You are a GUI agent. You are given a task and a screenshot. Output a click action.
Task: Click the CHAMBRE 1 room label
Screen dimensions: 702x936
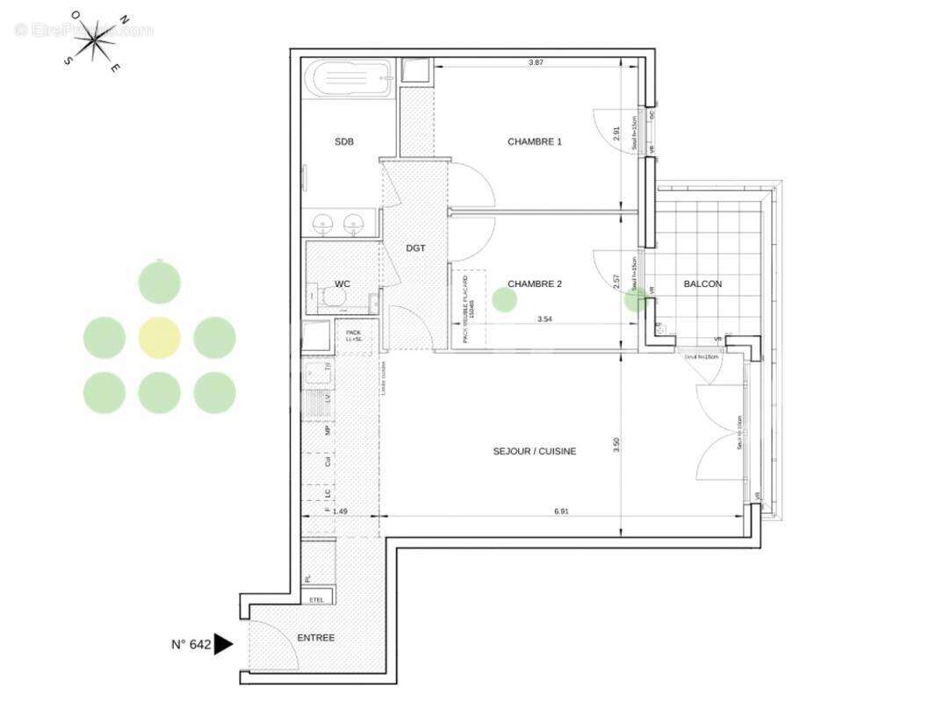[534, 141]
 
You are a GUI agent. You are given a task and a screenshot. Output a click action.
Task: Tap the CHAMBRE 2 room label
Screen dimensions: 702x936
[535, 283]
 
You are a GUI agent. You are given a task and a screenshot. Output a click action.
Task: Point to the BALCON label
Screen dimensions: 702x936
[702, 283]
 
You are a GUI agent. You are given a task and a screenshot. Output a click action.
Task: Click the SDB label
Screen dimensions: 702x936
[343, 141]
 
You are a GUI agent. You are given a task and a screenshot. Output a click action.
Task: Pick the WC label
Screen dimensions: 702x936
[342, 283]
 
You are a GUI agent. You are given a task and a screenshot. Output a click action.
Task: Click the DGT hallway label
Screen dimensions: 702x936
[415, 248]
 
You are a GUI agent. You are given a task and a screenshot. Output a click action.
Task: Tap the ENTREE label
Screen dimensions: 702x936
[315, 638]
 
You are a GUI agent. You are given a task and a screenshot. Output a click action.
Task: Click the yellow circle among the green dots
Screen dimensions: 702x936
[160, 337]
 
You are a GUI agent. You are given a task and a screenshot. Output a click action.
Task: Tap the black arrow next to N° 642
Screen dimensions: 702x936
[223, 645]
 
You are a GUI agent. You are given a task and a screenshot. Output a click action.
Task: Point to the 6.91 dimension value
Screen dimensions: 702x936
[562, 511]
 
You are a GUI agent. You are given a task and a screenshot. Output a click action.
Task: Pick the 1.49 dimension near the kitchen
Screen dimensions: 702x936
[341, 511]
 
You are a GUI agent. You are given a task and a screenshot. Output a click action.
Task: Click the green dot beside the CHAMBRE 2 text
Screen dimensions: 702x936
[504, 299]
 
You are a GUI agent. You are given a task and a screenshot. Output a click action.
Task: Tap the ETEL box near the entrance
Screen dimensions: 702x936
[317, 599]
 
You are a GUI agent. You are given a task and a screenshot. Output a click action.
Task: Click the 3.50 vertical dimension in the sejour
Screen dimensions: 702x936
[617, 445]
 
